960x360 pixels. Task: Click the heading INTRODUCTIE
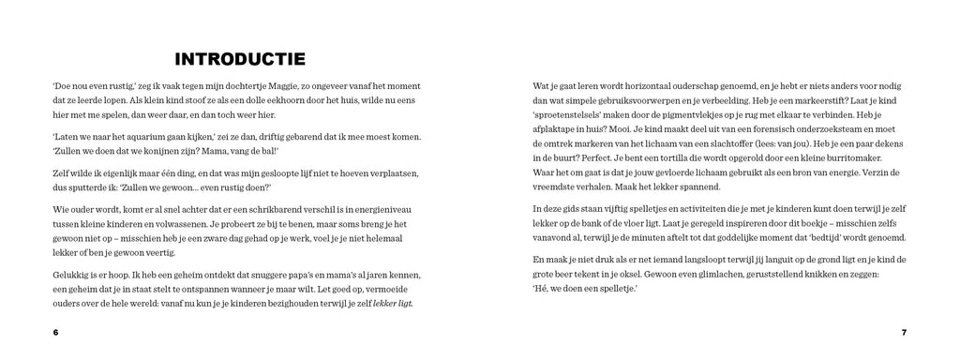(x=240, y=60)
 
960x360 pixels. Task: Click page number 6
(x=55, y=332)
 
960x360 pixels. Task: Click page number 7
(x=904, y=332)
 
